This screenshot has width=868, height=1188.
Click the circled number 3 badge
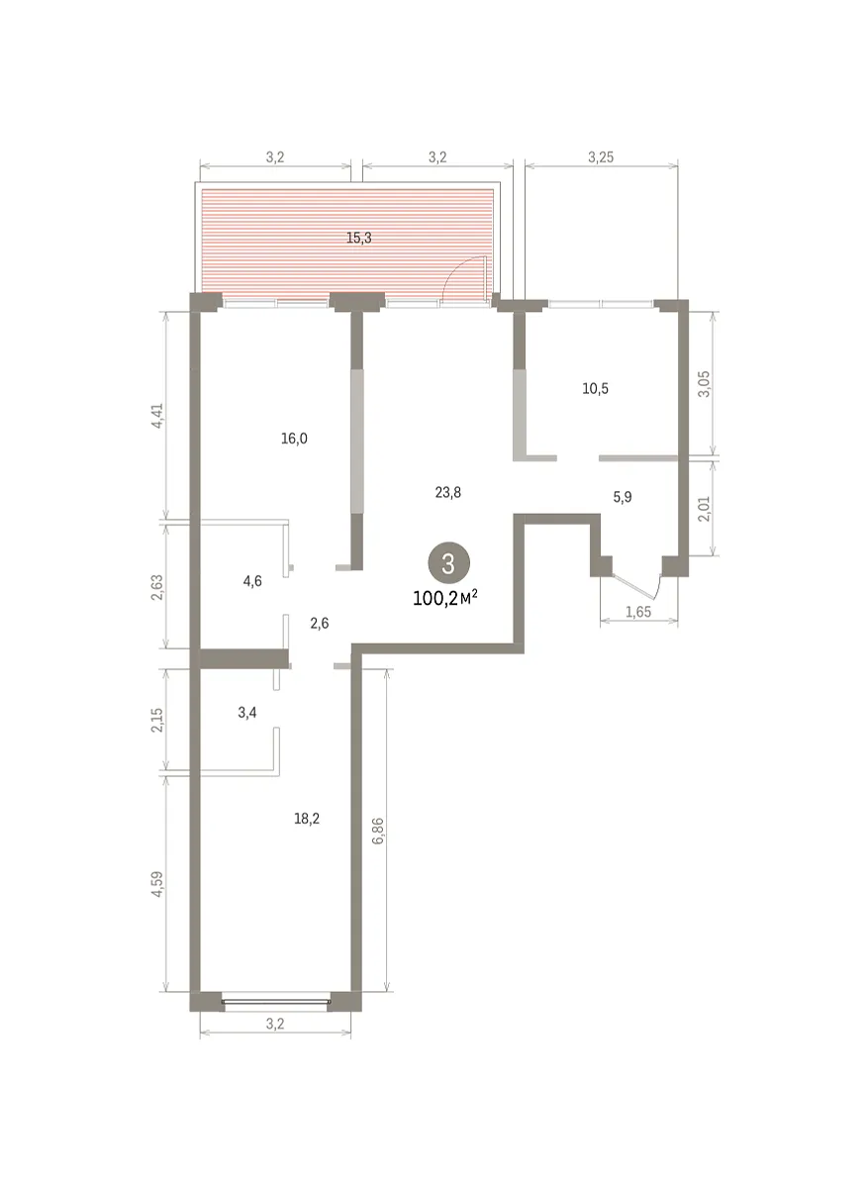448,562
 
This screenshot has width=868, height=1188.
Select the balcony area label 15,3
359,239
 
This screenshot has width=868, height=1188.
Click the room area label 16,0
294,439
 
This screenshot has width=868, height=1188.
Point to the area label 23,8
448,493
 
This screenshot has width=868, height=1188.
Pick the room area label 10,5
596,389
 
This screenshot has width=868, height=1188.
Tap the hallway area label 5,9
623,497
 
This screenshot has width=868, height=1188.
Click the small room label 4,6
252,581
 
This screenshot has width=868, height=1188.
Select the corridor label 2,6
320,623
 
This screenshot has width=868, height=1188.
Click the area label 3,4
247,712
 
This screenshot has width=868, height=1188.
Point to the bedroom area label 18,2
307,819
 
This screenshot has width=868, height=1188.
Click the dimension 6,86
377,831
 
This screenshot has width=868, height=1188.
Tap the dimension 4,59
157,884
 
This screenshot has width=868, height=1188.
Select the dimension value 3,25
601,157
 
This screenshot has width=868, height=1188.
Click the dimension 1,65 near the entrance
638,612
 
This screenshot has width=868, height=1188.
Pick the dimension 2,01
704,509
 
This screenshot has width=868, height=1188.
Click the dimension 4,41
157,416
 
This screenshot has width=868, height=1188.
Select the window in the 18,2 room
276,1001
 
